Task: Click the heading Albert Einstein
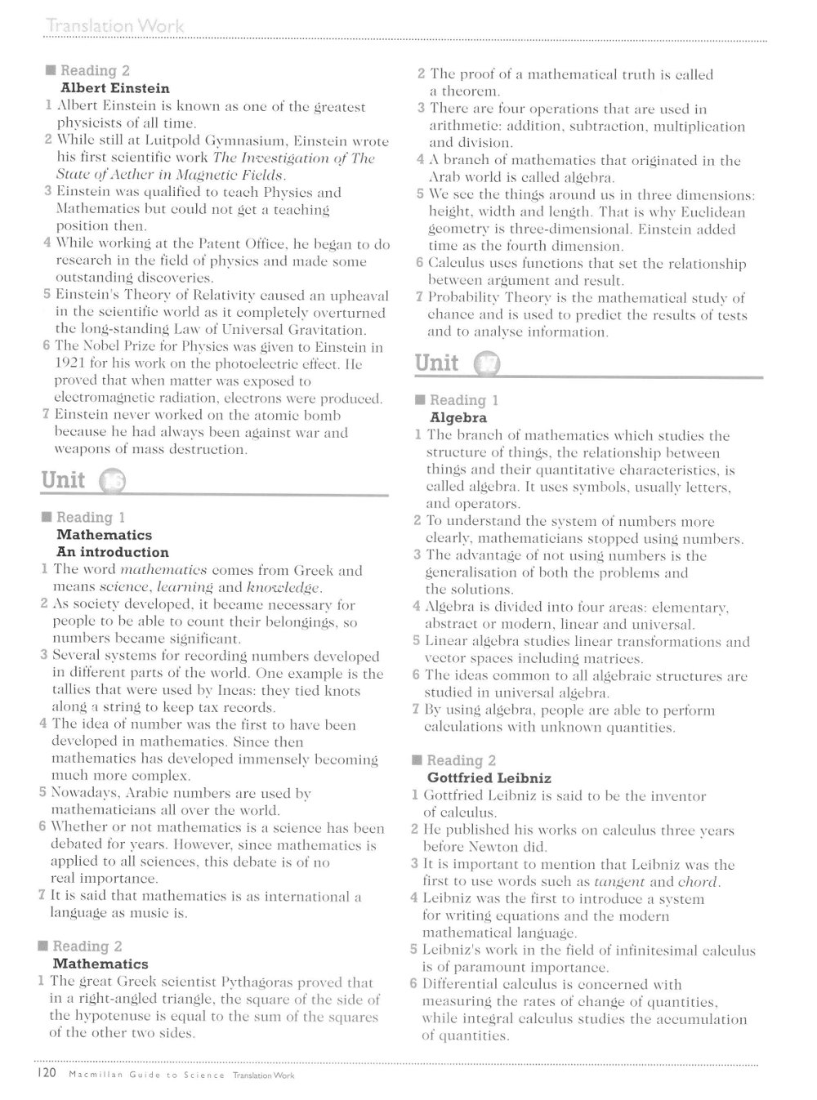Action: click(x=115, y=88)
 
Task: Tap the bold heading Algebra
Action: click(x=458, y=417)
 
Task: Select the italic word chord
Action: click(x=698, y=882)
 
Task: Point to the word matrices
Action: click(x=615, y=658)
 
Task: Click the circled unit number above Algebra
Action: click(x=487, y=364)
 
